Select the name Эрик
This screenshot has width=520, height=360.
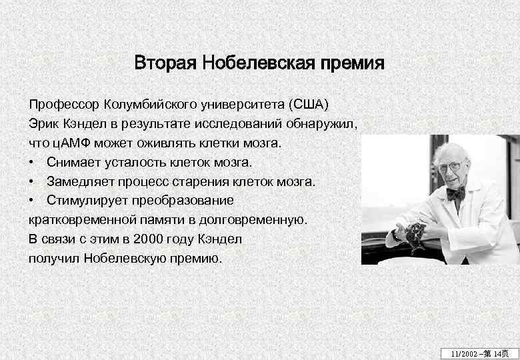(43, 125)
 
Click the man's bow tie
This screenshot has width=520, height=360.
(455, 193)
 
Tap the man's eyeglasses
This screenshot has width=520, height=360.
(450, 166)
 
